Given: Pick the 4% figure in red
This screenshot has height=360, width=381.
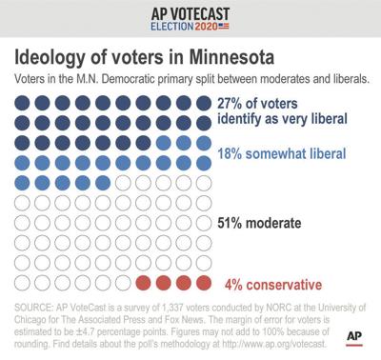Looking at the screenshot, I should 233,283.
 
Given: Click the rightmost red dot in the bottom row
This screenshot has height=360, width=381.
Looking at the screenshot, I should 204,283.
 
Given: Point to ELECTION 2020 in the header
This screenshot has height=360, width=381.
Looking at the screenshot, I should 191,29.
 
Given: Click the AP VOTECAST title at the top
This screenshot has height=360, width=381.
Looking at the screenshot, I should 190,12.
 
